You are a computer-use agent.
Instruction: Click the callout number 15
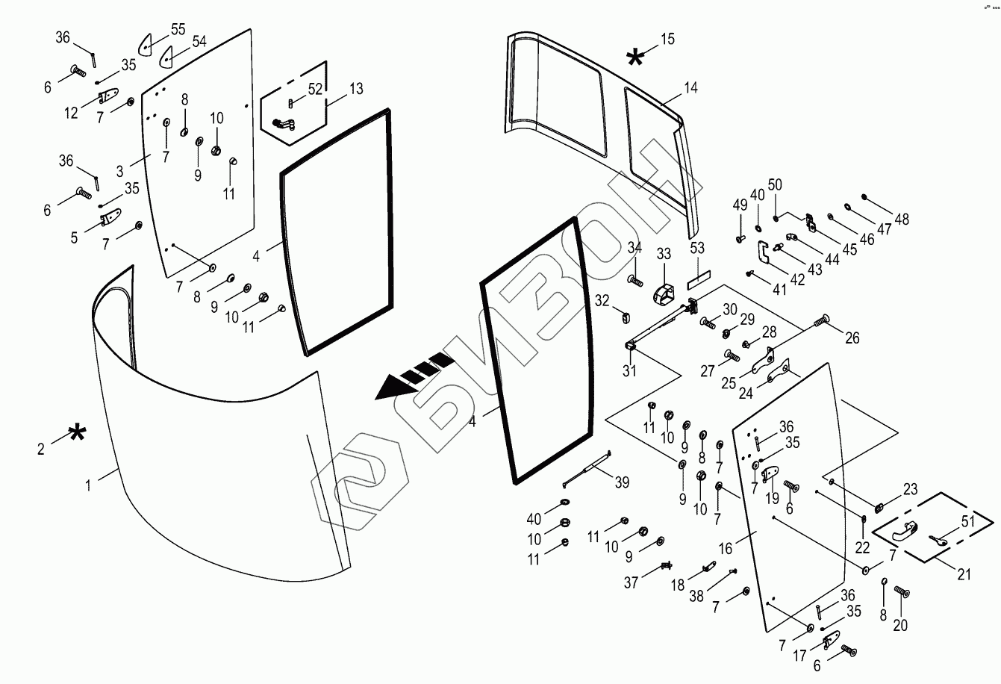click(x=667, y=39)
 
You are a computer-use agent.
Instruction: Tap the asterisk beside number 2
click(x=77, y=433)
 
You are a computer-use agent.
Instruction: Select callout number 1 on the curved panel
click(x=88, y=485)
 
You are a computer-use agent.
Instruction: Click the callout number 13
click(x=356, y=89)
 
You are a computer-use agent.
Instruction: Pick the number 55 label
click(x=178, y=29)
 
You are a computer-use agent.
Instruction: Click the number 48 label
click(x=902, y=219)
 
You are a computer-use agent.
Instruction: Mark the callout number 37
click(x=632, y=583)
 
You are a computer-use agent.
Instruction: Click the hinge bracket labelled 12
click(x=109, y=97)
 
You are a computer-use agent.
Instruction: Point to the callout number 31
click(x=630, y=370)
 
